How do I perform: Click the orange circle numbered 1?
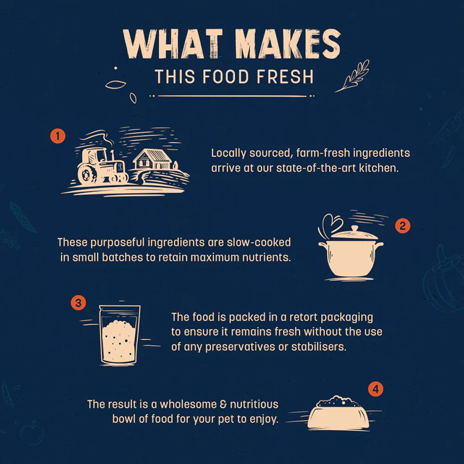click(x=58, y=136)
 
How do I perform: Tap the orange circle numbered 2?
click(x=402, y=226)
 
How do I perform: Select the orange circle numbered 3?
click(x=78, y=303)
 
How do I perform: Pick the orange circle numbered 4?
click(x=375, y=389)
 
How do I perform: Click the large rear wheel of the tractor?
click(x=87, y=174)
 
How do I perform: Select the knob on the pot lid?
click(x=354, y=229)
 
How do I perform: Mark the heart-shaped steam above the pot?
click(x=331, y=224)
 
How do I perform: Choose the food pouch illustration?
click(x=120, y=335)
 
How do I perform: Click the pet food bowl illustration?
click(x=338, y=412)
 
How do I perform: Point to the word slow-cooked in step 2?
click(x=258, y=242)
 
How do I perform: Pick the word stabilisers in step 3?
click(x=319, y=347)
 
